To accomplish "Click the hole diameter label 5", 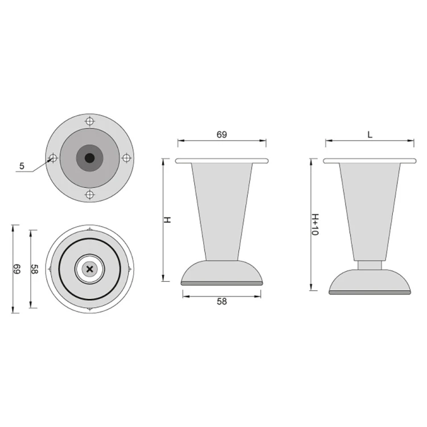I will (22, 166).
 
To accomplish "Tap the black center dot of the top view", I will (89, 158).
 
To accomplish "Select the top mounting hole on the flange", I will (89, 121).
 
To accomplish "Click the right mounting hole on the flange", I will (126, 158).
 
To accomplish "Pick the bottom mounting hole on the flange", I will (89, 195).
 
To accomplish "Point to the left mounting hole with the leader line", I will (52, 158).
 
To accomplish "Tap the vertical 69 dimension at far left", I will (17, 269).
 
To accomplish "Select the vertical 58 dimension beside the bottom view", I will (35, 269).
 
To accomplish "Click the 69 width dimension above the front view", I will (221, 135).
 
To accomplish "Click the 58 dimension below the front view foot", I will (222, 302).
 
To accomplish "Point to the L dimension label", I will (369, 135).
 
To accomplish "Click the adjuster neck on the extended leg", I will (369, 265).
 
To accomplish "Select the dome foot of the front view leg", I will (222, 272).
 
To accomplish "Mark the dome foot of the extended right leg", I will (369, 280).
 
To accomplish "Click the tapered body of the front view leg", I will (222, 211).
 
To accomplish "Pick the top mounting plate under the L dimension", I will (369, 161).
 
